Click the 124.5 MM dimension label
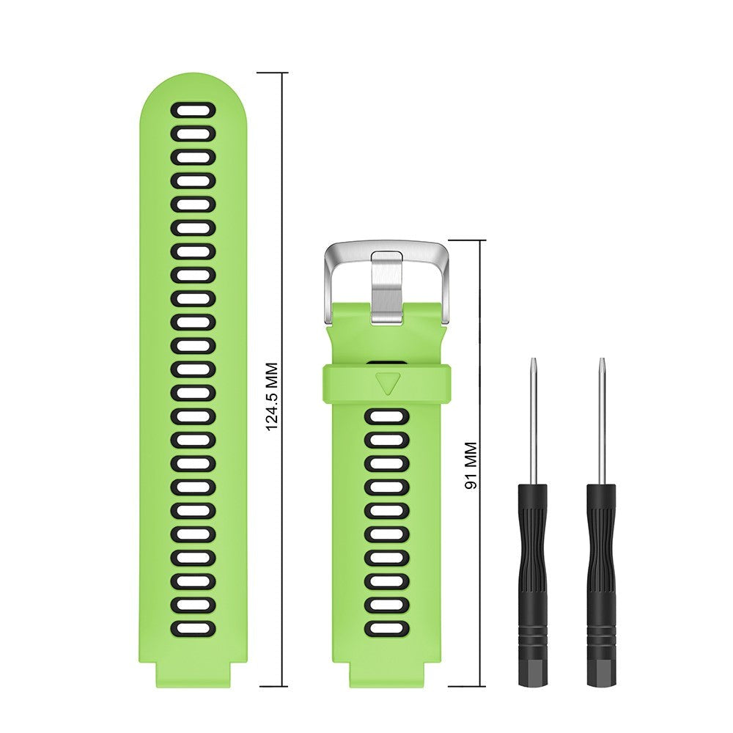(x=272, y=396)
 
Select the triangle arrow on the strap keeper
(x=386, y=383)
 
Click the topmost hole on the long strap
(x=194, y=111)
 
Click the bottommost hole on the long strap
(x=194, y=628)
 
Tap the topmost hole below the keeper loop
(x=386, y=417)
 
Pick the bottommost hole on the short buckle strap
(x=386, y=628)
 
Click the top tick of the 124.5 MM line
(x=272, y=73)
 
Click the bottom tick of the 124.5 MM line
(x=272, y=687)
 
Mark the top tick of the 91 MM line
(x=467, y=240)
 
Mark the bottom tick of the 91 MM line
(x=467, y=687)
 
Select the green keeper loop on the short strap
(x=345, y=384)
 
